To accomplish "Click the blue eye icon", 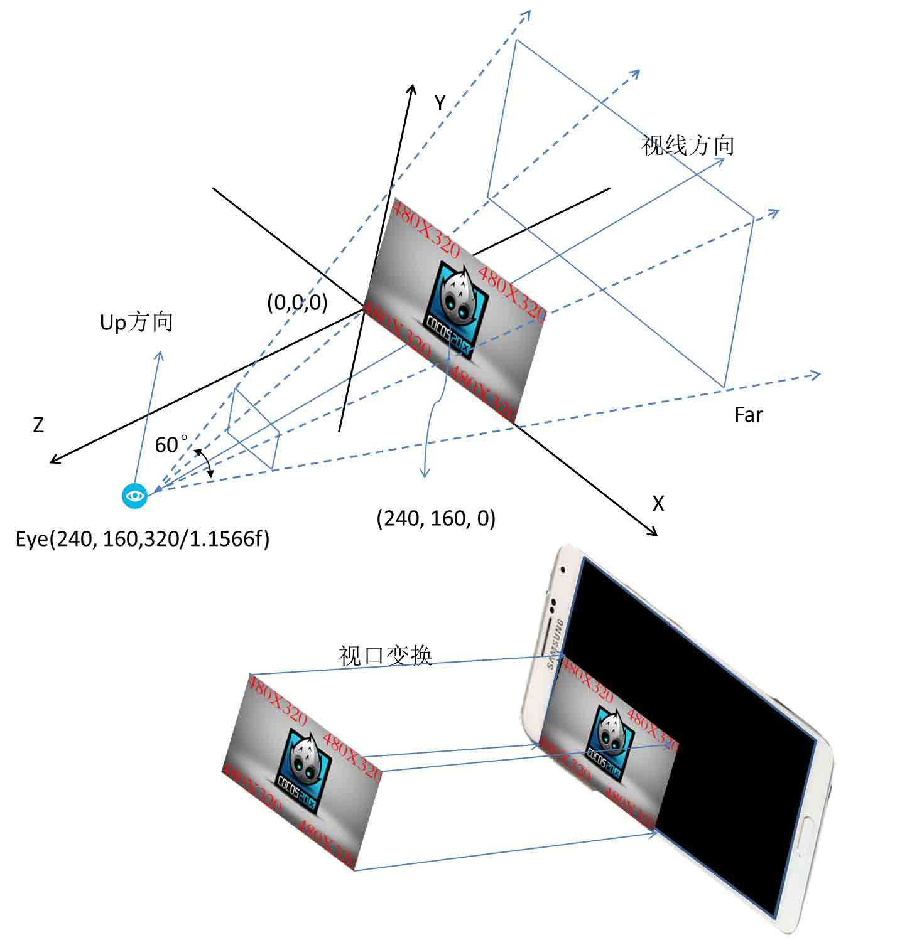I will [134, 496].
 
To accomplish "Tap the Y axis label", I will [440, 103].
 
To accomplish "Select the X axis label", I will [658, 503].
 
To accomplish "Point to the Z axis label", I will [38, 425].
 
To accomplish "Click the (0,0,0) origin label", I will [297, 302].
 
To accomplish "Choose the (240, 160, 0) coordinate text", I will [436, 518].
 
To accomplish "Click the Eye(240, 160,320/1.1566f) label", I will [143, 539].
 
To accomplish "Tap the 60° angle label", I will [171, 444].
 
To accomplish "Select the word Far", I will [748, 415].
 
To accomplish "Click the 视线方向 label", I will [688, 145].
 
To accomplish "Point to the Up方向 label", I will [136, 323].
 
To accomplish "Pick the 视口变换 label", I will [386, 655].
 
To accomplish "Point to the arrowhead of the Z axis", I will [53, 461].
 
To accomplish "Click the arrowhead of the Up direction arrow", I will [160, 355].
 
